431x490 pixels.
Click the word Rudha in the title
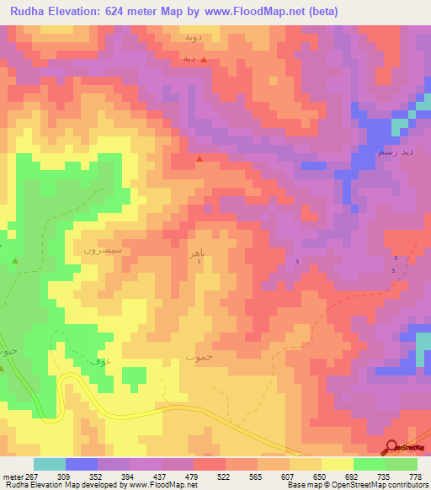pos(30,12)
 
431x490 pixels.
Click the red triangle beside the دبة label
pos(203,61)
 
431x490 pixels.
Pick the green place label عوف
pos(98,361)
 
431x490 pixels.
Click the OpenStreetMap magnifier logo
pos(390,447)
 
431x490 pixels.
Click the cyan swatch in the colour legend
pos(50,464)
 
